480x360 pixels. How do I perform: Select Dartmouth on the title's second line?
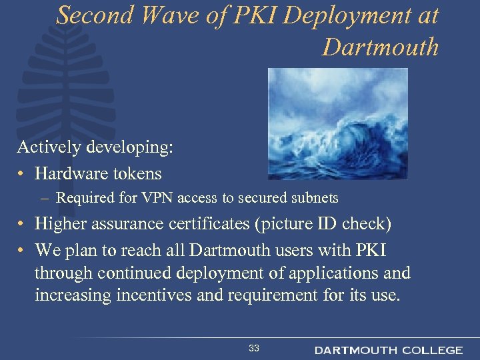click(x=380, y=47)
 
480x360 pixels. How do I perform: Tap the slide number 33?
click(x=254, y=348)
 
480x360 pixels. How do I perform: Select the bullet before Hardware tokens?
click(x=22, y=174)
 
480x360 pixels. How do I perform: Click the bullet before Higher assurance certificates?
click(x=22, y=224)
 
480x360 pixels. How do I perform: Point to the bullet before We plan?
click(x=22, y=251)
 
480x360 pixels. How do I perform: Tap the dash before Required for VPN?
click(x=43, y=198)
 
